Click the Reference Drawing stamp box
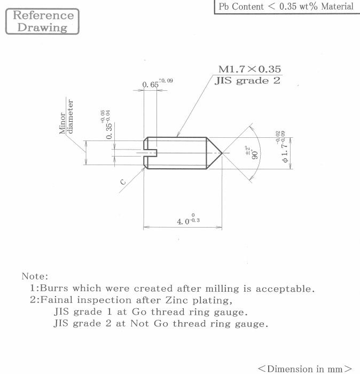coord(42,21)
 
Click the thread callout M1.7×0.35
coord(249,69)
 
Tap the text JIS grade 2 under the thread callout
coord(247,81)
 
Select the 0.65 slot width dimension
coord(151,84)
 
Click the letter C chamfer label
coord(122,182)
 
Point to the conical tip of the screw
coord(215,153)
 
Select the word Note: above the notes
coord(35,276)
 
